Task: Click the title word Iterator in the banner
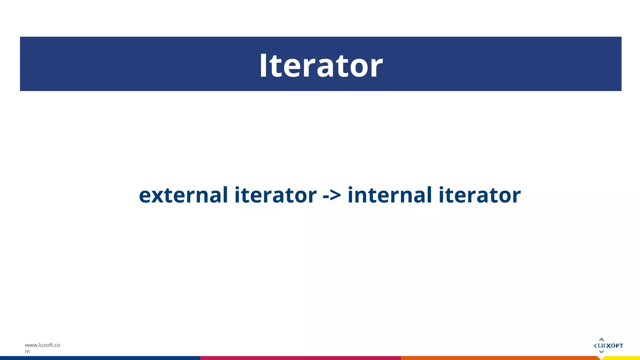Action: pos(321,65)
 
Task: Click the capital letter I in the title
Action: pos(264,65)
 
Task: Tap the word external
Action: pos(183,195)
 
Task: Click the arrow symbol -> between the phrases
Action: pos(332,196)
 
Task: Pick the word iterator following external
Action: pos(275,195)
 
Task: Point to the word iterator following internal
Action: pos(480,195)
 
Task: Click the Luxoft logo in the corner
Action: pos(608,345)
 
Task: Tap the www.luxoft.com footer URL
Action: pos(42,345)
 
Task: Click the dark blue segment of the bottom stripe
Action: pos(100,358)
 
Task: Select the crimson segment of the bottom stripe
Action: pos(300,358)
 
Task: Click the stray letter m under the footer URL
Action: pos(27,352)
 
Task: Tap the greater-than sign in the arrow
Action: pos(336,196)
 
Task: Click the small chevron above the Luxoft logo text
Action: pos(601,339)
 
